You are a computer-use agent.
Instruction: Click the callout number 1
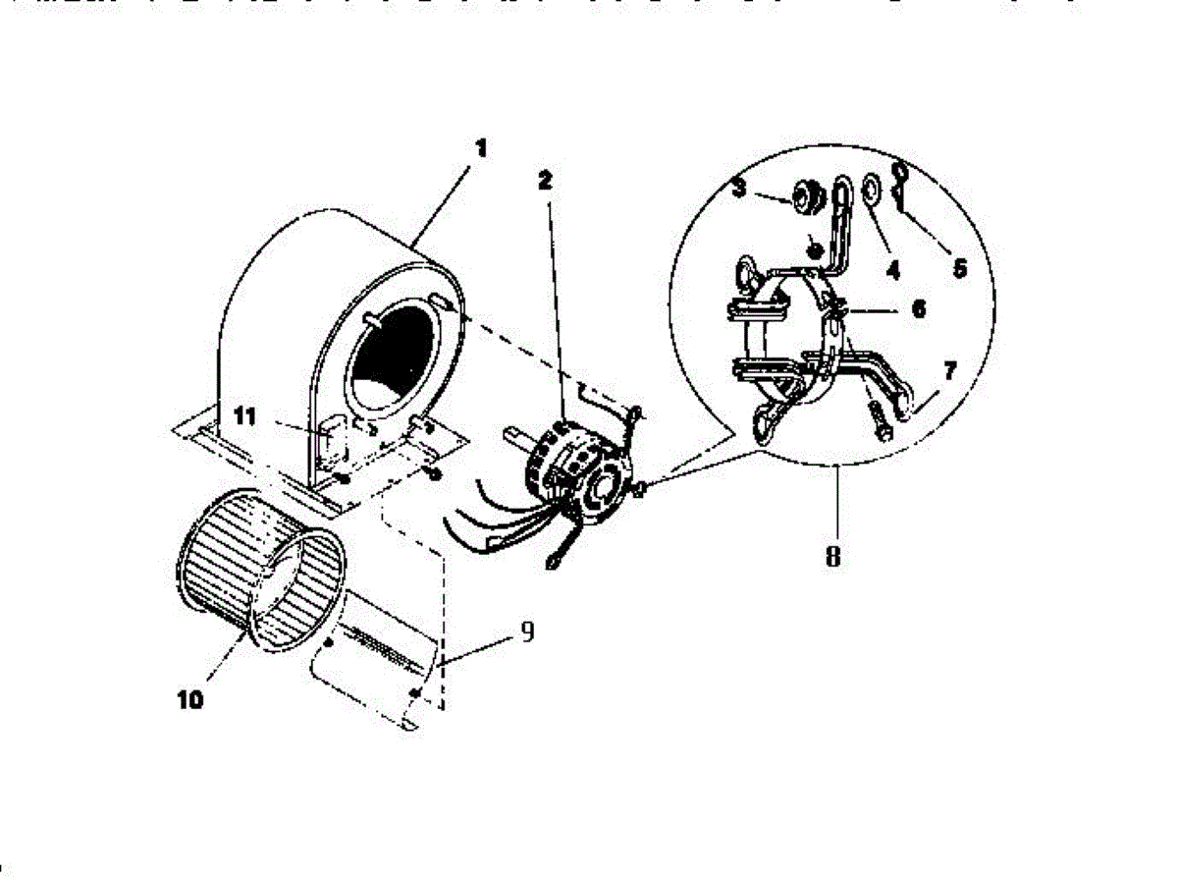pyautogui.click(x=481, y=149)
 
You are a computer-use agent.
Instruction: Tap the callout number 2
pyautogui.click(x=546, y=181)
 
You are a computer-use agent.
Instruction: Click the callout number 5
pyautogui.click(x=959, y=266)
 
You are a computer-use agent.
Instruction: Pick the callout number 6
pyautogui.click(x=918, y=308)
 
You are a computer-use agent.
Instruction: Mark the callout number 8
pyautogui.click(x=832, y=557)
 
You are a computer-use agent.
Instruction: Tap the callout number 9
pyautogui.click(x=526, y=632)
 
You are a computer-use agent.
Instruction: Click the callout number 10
pyautogui.click(x=191, y=700)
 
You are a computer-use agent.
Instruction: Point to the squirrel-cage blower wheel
pyautogui.click(x=260, y=570)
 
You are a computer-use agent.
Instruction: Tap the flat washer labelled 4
pyautogui.click(x=871, y=189)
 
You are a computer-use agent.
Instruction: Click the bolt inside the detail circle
pyautogui.click(x=876, y=423)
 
